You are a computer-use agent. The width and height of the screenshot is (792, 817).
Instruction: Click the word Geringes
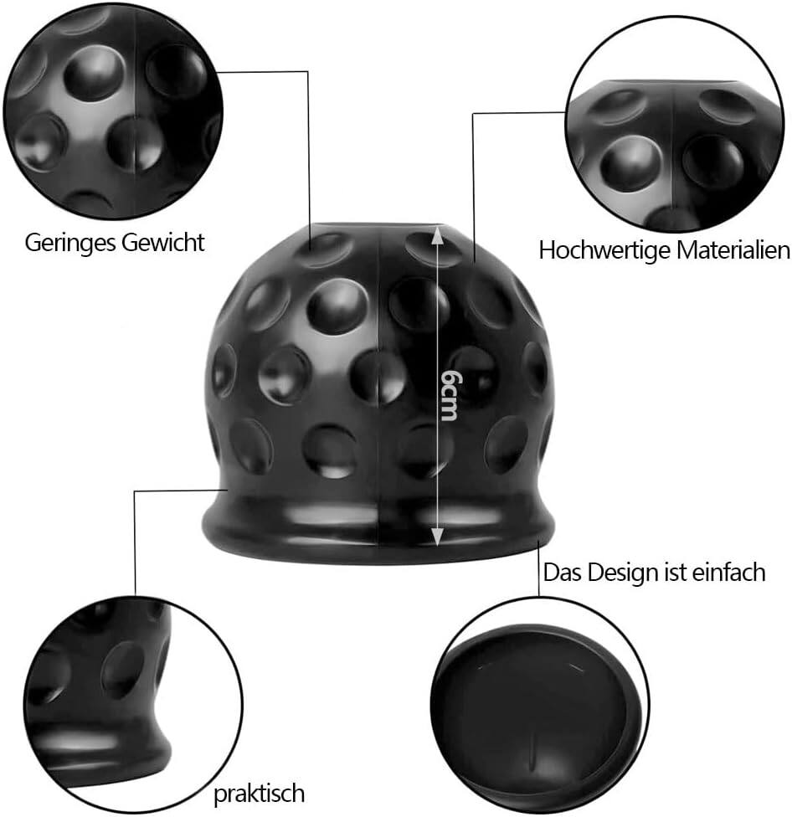tap(69, 244)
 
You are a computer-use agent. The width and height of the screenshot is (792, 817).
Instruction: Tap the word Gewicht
tap(163, 242)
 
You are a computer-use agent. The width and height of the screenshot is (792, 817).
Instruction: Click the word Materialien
tap(733, 249)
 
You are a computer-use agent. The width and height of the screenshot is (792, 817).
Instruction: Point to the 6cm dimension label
tap(449, 395)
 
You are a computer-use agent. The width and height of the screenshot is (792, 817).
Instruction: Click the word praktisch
tap(259, 794)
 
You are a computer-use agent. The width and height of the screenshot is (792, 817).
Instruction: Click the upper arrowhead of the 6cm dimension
tap(437, 235)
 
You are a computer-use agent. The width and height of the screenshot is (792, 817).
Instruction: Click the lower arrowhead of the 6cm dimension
tap(437, 536)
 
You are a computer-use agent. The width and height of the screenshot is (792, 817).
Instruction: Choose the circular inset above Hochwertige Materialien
tap(675, 124)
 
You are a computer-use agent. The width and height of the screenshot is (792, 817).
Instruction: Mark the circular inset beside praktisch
tap(133, 705)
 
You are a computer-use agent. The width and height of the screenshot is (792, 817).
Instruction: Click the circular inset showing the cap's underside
tap(540, 705)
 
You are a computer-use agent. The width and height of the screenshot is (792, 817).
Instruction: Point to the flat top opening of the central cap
tap(378, 226)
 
